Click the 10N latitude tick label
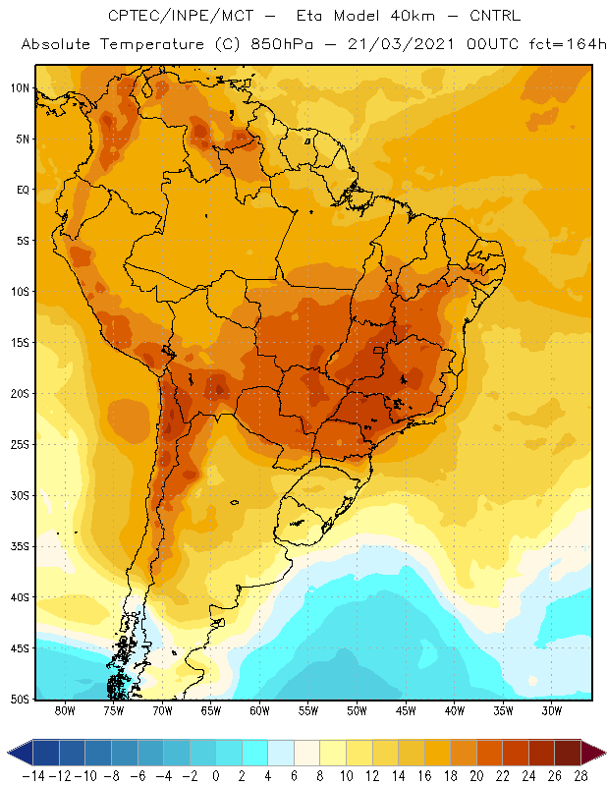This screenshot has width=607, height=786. click(21, 88)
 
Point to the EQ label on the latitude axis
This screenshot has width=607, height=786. click(23, 190)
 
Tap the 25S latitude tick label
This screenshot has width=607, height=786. click(21, 445)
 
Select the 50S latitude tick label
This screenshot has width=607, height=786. click(21, 699)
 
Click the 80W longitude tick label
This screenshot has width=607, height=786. click(65, 710)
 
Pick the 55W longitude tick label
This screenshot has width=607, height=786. click(308, 710)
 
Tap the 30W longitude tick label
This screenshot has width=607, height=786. click(552, 710)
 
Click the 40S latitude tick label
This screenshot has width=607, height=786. click(21, 597)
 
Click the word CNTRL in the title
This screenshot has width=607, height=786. click(495, 16)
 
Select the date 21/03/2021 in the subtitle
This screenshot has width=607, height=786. click(401, 44)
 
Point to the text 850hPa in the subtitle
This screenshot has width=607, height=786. click(282, 44)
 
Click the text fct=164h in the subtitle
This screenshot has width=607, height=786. click(568, 44)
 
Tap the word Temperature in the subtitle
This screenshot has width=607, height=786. click(152, 44)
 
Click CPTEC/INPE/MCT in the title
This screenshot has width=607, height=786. click(181, 16)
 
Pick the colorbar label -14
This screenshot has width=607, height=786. click(34, 776)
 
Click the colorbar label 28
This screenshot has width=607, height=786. click(580, 776)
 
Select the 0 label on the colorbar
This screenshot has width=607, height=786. click(215, 776)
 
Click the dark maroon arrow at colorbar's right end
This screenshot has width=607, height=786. click(593, 753)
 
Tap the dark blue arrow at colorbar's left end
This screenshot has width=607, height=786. click(20, 753)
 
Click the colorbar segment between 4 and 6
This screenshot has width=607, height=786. click(281, 753)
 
